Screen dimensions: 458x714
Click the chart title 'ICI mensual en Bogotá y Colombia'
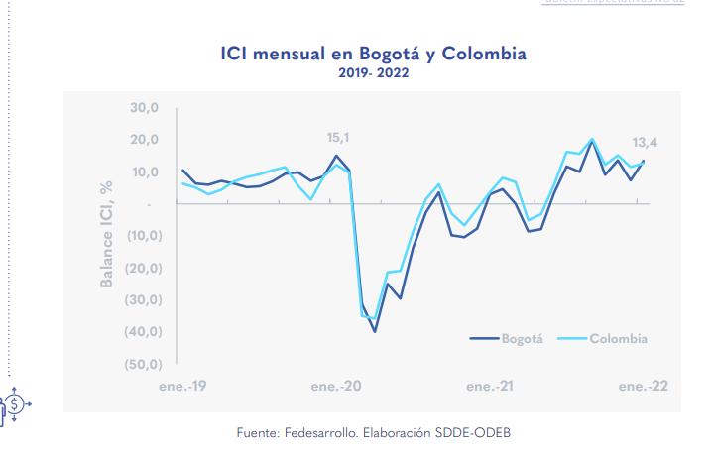click(373, 53)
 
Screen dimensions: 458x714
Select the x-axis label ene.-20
click(337, 386)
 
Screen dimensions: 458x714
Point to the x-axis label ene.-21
click(491, 386)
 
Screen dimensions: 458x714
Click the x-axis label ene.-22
click(644, 386)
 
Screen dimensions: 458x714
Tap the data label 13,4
click(646, 143)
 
